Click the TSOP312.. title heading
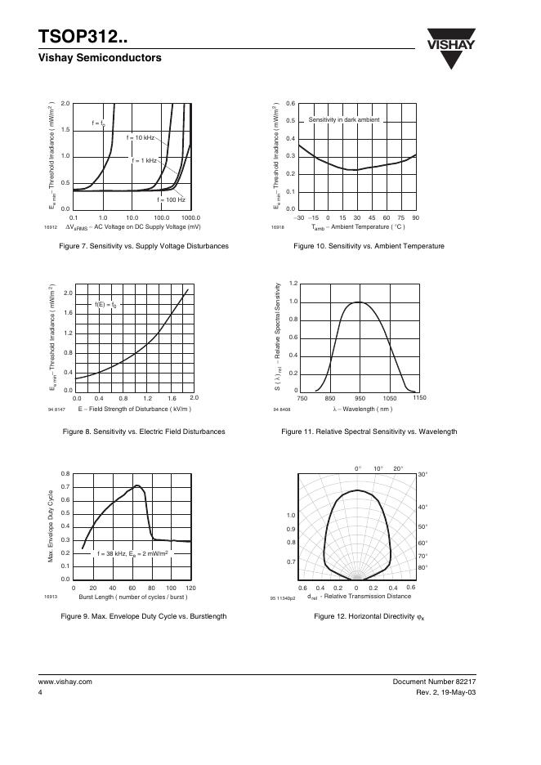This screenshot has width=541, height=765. tap(82, 37)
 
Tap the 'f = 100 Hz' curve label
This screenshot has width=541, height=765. tap(172, 199)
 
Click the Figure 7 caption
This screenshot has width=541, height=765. tap(138, 246)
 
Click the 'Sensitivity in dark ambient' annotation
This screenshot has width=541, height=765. tap(344, 120)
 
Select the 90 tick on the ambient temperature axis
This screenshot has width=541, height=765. tap(415, 217)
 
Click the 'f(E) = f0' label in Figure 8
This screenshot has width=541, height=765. tap(106, 305)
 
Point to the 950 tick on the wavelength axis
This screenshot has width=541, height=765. tap(359, 398)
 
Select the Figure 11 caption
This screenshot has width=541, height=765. tap(369, 432)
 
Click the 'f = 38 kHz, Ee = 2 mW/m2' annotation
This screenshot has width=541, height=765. tap(133, 553)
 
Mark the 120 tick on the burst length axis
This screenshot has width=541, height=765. tap(190, 588)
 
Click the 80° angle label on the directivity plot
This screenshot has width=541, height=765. tap(423, 567)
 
